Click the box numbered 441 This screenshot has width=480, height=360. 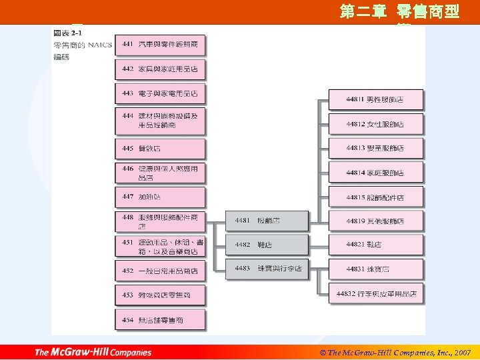coord(160,45)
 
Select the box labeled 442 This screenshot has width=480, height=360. coord(160,69)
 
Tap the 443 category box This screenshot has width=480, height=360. coord(160,94)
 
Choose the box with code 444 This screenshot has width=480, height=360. coord(160,121)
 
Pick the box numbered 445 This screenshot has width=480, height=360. coord(160,148)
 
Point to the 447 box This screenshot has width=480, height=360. coord(160,197)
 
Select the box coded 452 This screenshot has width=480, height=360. coord(160,271)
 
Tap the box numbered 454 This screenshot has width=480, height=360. coord(160,320)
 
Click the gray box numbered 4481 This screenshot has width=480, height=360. coord(271,221)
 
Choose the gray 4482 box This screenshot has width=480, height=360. coord(271,245)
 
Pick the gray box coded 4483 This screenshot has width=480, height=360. coord(271,269)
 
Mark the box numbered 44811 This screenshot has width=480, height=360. coord(375,99)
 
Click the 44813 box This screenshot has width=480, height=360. coord(375,148)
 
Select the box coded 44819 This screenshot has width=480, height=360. coord(375,221)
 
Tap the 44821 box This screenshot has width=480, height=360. coord(375,245)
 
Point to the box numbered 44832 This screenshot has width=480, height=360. coord(376,293)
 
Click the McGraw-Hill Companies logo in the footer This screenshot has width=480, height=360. coord(93,352)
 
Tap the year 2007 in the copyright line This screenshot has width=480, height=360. coord(460,352)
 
